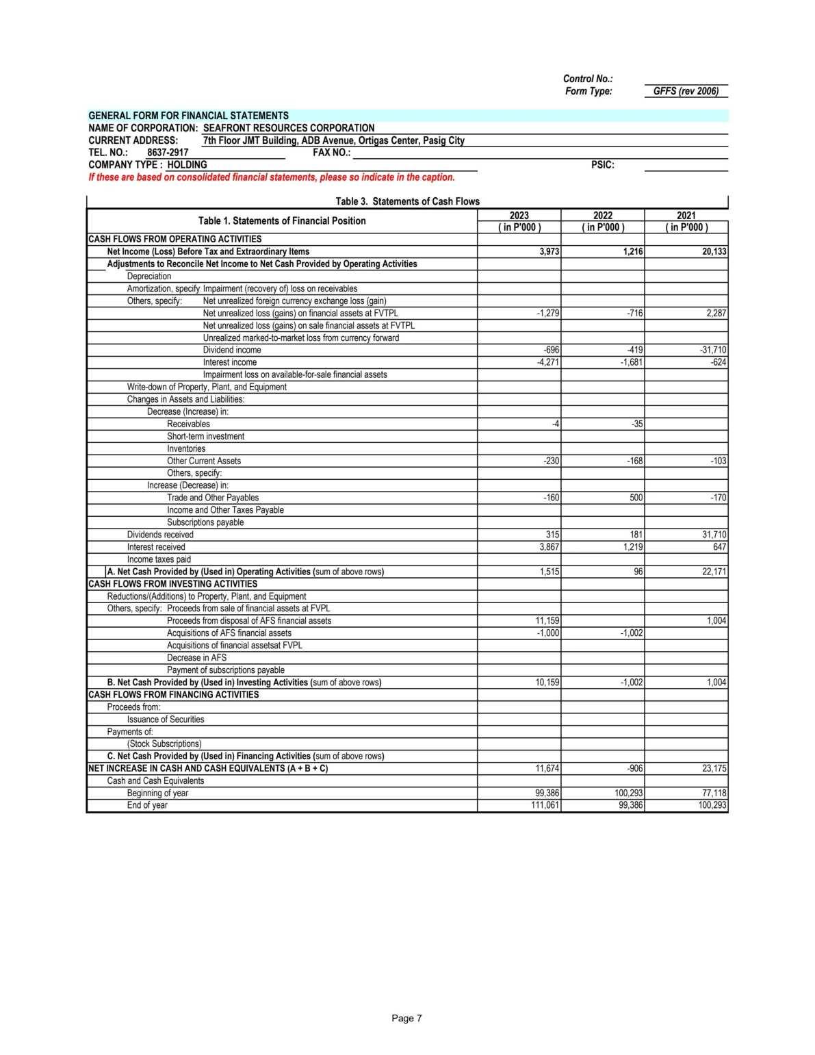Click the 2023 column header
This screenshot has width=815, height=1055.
[x=519, y=216]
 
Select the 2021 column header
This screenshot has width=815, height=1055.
[x=686, y=216]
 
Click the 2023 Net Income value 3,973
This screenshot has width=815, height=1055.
[x=549, y=252]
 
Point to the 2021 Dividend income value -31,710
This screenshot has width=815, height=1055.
[x=714, y=350]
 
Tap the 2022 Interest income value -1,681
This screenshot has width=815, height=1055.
[x=631, y=362]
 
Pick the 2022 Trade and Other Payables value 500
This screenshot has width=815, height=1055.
[x=636, y=498]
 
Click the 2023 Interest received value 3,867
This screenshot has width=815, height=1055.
[x=549, y=547]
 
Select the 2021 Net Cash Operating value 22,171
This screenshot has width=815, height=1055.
[x=714, y=572]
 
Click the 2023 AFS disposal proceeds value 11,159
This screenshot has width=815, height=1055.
[x=547, y=621]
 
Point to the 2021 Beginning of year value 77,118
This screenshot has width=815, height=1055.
[x=715, y=793]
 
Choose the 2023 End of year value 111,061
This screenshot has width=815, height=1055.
[x=545, y=805]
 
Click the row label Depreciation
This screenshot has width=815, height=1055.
[x=149, y=277]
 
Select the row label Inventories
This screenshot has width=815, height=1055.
[x=186, y=449]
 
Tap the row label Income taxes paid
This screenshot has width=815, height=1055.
[x=159, y=559]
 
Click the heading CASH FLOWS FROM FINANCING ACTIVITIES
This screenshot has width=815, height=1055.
[x=174, y=695]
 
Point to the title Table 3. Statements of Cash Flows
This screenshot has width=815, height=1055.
[x=408, y=201]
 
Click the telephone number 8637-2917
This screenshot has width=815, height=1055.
[x=168, y=153]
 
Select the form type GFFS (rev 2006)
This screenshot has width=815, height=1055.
[x=686, y=91]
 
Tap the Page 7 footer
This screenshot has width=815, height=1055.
[x=407, y=1019]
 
